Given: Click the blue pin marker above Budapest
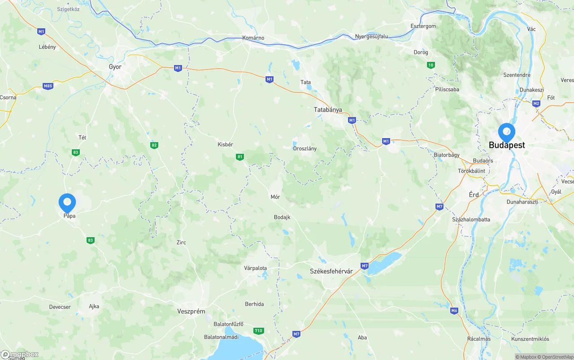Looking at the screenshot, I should pos(507,132).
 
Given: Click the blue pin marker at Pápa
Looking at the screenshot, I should pos(67,203).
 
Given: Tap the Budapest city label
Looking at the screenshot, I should pos(507,145).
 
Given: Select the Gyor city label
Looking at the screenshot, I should pos(115,67).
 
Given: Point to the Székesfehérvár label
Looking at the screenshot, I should pos(331,271).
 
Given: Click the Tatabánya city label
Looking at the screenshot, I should pos(328,110).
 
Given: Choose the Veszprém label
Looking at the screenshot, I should pos(191,311).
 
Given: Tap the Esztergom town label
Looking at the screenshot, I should pos(423,26).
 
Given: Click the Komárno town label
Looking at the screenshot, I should pos(253,38).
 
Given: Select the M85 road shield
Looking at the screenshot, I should pos(48,86).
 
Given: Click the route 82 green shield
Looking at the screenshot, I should pos(154,145).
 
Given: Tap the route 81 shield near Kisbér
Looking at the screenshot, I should pos(240,156).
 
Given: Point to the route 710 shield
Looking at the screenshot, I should pos(258,330).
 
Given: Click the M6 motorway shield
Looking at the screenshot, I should pos(454,310).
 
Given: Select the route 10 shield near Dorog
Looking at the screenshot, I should pos(430,65).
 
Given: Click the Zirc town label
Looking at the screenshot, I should pos(181,243).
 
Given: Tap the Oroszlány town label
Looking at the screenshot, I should pos(304,148).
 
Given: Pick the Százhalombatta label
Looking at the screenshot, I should pos(471,220).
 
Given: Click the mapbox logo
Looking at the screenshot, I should pos(20,354).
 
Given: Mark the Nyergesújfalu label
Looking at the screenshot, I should pos(371,36).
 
